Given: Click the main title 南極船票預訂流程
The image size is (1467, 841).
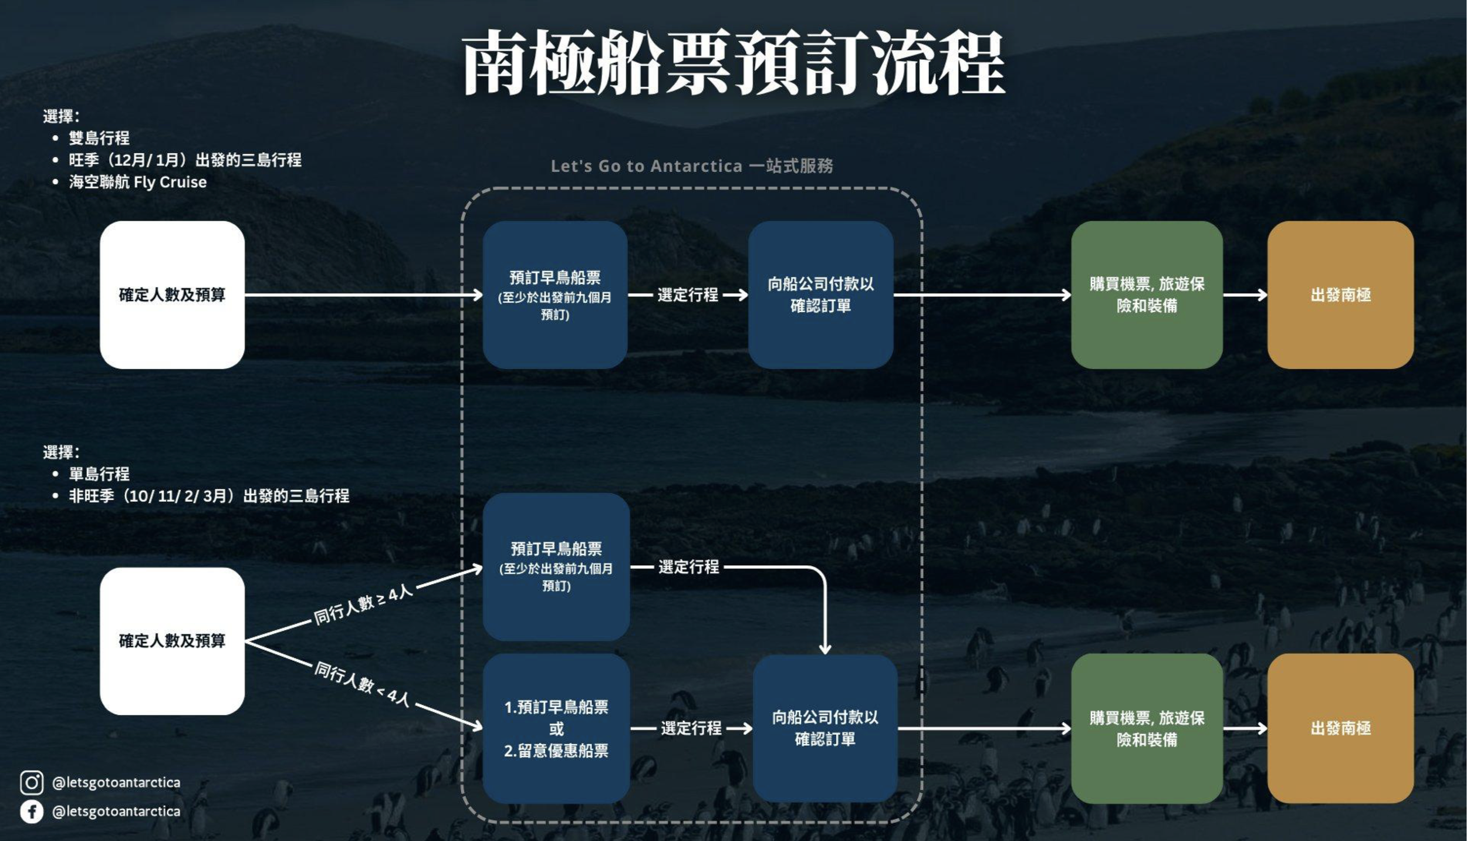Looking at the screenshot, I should pyautogui.click(x=733, y=63).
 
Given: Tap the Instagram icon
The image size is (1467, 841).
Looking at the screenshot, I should pyautogui.click(x=32, y=783).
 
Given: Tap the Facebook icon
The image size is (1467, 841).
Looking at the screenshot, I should pyautogui.click(x=32, y=812).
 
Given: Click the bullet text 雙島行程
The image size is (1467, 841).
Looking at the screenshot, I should pyautogui.click(x=99, y=138).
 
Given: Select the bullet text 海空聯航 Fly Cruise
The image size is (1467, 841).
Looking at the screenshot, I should pyautogui.click(x=138, y=182).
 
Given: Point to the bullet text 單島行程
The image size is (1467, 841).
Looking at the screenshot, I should pyautogui.click(x=99, y=474).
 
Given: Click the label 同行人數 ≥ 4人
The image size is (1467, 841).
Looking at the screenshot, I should pyautogui.click(x=364, y=605).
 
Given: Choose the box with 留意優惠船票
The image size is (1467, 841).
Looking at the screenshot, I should pyautogui.click(x=556, y=728).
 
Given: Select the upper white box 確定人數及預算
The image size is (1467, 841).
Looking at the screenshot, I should pyautogui.click(x=172, y=295).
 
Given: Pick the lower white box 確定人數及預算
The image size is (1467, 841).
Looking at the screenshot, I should pyautogui.click(x=172, y=640).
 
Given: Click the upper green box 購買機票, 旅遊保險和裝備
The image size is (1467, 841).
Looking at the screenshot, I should pyautogui.click(x=1147, y=295).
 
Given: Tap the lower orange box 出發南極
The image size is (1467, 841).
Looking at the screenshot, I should pyautogui.click(x=1340, y=728).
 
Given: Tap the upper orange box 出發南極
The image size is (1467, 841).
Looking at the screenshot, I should pyautogui.click(x=1340, y=295).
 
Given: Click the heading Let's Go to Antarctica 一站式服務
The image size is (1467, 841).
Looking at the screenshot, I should pyautogui.click(x=692, y=166).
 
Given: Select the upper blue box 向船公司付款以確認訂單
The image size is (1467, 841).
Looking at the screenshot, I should pyautogui.click(x=820, y=295).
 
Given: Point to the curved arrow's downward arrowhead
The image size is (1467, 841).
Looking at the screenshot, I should pyautogui.click(x=825, y=649).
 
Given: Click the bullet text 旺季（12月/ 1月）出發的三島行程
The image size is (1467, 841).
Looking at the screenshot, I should pyautogui.click(x=185, y=160).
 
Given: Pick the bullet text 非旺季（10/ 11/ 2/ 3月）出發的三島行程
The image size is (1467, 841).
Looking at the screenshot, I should pyautogui.click(x=209, y=496).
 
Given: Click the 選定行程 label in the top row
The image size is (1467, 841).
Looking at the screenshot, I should pyautogui.click(x=688, y=295).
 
